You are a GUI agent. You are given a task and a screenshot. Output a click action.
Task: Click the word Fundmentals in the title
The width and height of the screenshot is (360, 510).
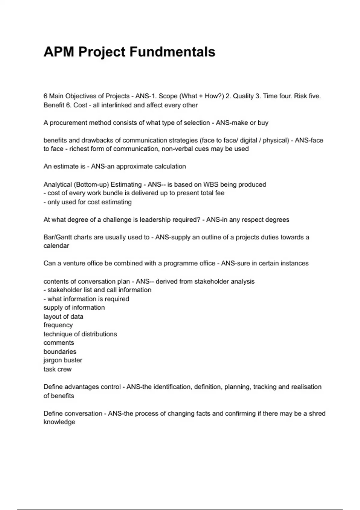tap(172, 52)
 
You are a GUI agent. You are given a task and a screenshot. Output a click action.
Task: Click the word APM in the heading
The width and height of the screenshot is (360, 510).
tap(59, 52)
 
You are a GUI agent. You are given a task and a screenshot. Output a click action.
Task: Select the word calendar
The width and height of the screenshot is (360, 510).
tap(56, 246)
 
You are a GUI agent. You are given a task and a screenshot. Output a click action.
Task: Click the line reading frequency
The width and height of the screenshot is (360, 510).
tap(58, 325)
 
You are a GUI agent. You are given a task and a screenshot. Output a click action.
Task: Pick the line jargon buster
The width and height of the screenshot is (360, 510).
tap(63, 360)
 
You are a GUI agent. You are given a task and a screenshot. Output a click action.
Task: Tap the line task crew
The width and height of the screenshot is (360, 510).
tap(58, 369)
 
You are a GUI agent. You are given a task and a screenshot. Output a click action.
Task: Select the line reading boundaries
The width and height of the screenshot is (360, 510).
tap(60, 352)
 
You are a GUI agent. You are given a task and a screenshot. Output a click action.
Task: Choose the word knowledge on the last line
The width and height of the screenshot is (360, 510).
tap(59, 422)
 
